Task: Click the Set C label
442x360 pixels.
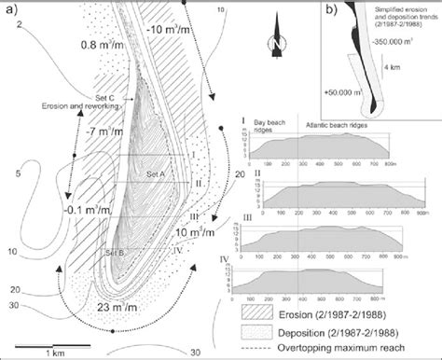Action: tap(107, 97)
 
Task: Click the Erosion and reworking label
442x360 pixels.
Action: tap(67, 106)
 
